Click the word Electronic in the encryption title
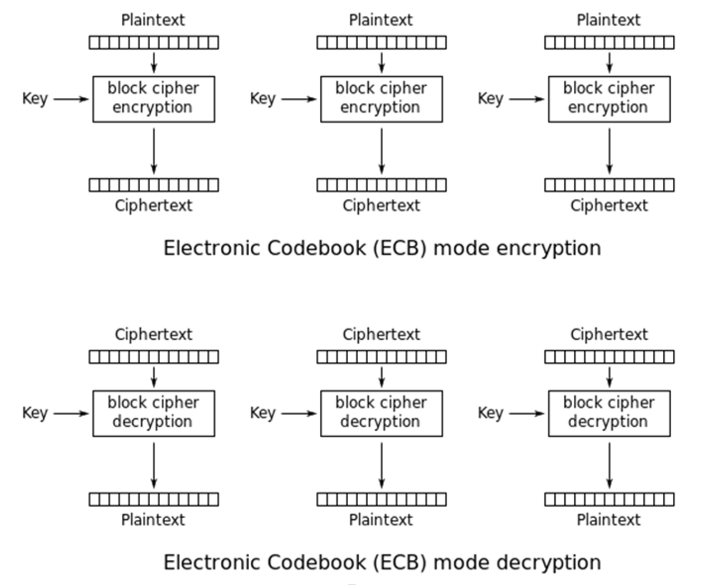[213, 248]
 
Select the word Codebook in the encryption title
[317, 248]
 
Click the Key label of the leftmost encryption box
[35, 99]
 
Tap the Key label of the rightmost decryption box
[490, 413]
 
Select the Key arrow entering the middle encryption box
[299, 99]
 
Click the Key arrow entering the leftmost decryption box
[71, 413]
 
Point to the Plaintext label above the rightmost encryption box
[608, 20]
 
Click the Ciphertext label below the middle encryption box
[381, 206]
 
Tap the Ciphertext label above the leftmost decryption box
[153, 335]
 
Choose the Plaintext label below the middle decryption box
[381, 520]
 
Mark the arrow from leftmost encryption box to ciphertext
[154, 151]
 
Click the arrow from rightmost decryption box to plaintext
[610, 466]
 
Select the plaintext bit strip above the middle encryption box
[381, 43]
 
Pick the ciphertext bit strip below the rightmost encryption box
[610, 185]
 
